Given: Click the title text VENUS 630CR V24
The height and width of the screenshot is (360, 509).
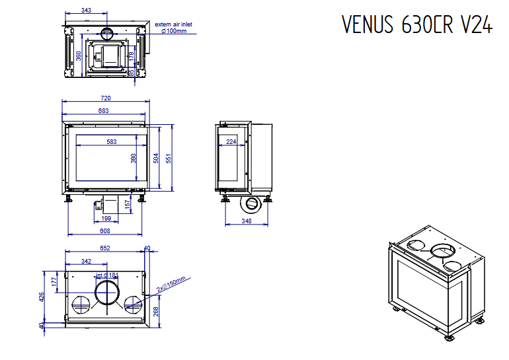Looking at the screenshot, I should tap(417, 24).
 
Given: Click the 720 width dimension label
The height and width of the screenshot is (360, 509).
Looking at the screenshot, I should tap(105, 98).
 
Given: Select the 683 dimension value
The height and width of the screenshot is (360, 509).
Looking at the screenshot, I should tap(103, 110).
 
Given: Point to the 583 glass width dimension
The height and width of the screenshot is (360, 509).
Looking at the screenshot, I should tap(111, 141).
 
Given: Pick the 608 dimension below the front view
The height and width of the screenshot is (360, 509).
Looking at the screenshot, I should tap(105, 231).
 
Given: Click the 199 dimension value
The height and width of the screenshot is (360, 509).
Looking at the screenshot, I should tap(106, 218).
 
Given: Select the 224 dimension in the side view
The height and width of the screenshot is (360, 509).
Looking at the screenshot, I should tap(231, 141).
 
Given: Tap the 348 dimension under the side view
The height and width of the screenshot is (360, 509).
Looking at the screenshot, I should tap(247, 221).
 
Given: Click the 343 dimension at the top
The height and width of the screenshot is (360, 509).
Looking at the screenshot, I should tap(86, 11).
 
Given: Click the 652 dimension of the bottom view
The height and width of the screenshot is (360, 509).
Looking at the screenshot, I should tap(104, 248).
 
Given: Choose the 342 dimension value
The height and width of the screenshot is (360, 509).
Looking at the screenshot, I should tap(86, 262).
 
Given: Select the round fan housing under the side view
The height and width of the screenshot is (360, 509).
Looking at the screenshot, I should tap(253, 203).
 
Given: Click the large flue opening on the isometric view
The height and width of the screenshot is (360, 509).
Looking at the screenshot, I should tap(442, 251).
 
